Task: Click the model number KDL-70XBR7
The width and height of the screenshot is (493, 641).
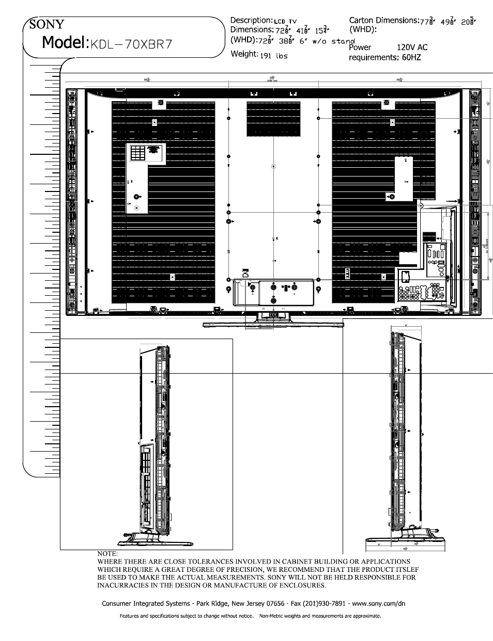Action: pyautogui.click(x=131, y=44)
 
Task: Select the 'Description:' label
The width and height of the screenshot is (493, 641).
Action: pyautogui.click(x=251, y=20)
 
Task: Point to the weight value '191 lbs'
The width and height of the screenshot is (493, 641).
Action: pyautogui.click(x=274, y=56)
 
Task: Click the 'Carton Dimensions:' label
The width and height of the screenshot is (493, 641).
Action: pyautogui.click(x=383, y=21)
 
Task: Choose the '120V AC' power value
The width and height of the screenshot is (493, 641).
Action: pyautogui.click(x=412, y=47)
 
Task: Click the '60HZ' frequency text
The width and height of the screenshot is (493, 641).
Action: pyautogui.click(x=410, y=57)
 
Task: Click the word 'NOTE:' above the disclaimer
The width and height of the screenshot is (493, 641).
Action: pyautogui.click(x=107, y=554)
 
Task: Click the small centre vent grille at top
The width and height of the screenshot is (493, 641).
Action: pyautogui.click(x=273, y=119)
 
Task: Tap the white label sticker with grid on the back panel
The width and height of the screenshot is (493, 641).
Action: pyautogui.click(x=145, y=154)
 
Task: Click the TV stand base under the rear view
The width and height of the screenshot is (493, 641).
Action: pyautogui.click(x=273, y=324)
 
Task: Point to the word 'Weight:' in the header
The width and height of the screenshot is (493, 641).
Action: pyautogui.click(x=244, y=54)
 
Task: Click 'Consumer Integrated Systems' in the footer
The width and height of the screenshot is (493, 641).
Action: pyautogui.click(x=145, y=603)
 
